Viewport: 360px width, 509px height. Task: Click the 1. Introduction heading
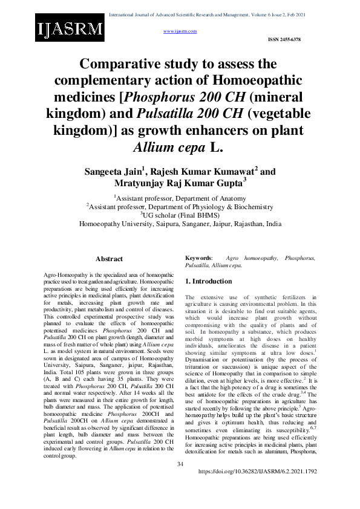[208, 281]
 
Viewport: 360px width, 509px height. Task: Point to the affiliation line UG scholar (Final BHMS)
[180, 215]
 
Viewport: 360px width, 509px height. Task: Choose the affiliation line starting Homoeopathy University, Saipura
[180, 223]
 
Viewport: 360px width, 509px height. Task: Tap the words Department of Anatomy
[213, 198]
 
